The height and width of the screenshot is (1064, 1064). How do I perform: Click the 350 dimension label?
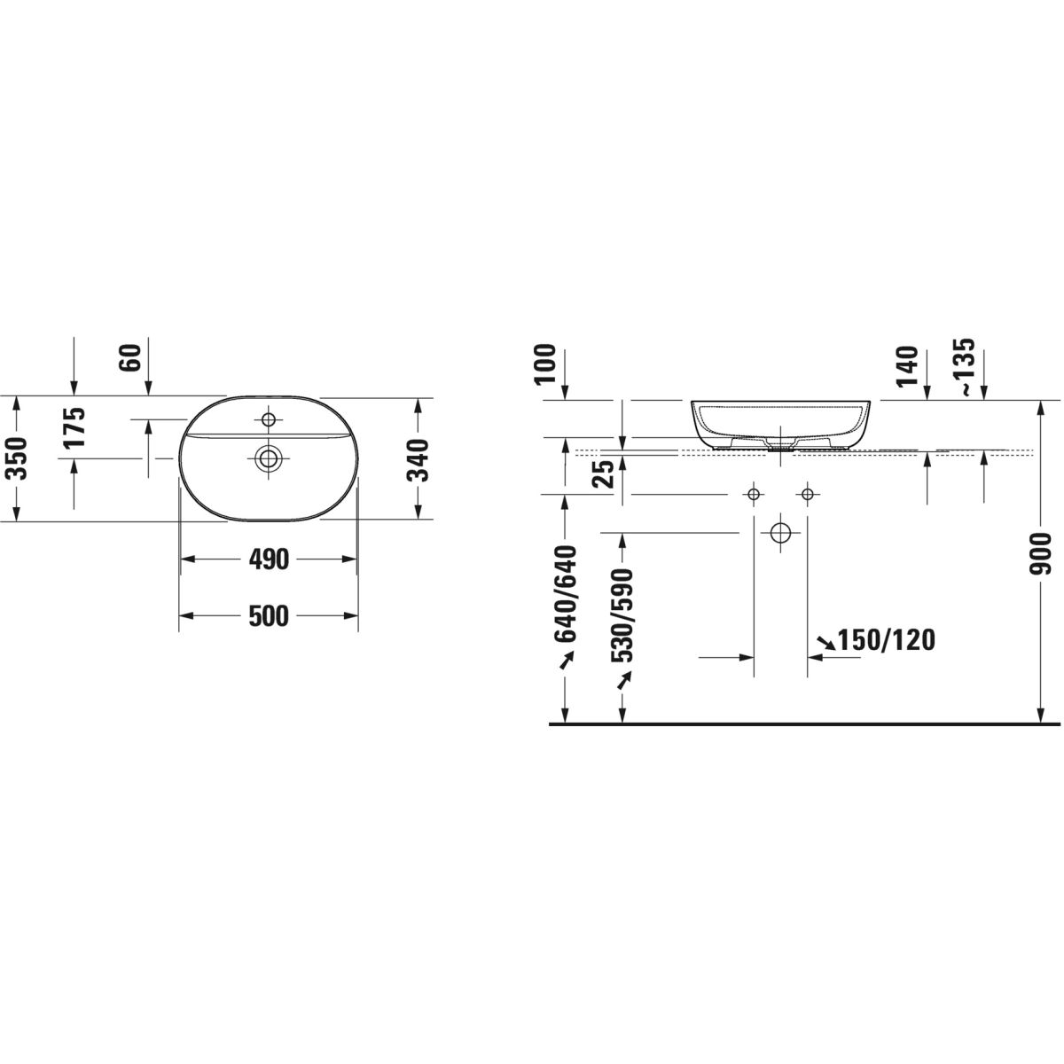coord(19,458)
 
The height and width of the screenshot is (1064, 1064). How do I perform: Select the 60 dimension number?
coord(132,357)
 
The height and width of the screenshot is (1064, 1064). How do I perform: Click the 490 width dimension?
coord(269,559)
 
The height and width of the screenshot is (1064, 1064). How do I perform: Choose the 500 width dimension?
coord(269,615)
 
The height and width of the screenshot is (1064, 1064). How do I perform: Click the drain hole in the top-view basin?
coord(269,458)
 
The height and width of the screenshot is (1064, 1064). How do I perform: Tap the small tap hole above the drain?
coord(269,419)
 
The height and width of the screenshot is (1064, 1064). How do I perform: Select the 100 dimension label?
coord(545,364)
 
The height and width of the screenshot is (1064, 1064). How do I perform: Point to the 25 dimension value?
coord(606,473)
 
